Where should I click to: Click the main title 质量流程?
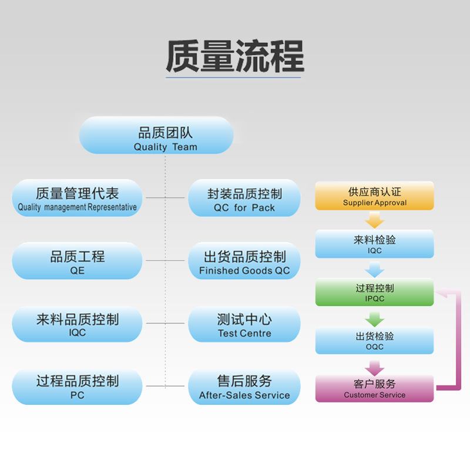[x=235, y=56]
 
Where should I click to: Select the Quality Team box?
[x=156, y=135]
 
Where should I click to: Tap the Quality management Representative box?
[x=77, y=198]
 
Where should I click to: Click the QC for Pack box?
[x=244, y=198]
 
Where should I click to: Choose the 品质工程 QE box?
[x=77, y=261]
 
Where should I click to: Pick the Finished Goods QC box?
[x=244, y=261]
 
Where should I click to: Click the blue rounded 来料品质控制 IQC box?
[x=77, y=324]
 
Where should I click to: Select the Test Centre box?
[x=244, y=324]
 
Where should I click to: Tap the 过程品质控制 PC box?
[x=77, y=387]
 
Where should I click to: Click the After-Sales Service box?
[x=244, y=387]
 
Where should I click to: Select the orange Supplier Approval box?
[x=374, y=196]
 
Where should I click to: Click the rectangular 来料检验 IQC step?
[x=374, y=244]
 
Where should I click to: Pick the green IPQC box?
[x=374, y=292]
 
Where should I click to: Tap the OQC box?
[x=374, y=341]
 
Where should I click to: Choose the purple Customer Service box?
[x=374, y=388]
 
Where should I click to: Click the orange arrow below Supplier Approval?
[x=374, y=220]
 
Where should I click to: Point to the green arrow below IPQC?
[x=374, y=319]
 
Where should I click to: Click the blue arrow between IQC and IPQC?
[x=374, y=270]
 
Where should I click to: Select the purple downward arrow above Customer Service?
[x=374, y=368]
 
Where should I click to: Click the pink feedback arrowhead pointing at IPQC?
[x=442, y=293]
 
